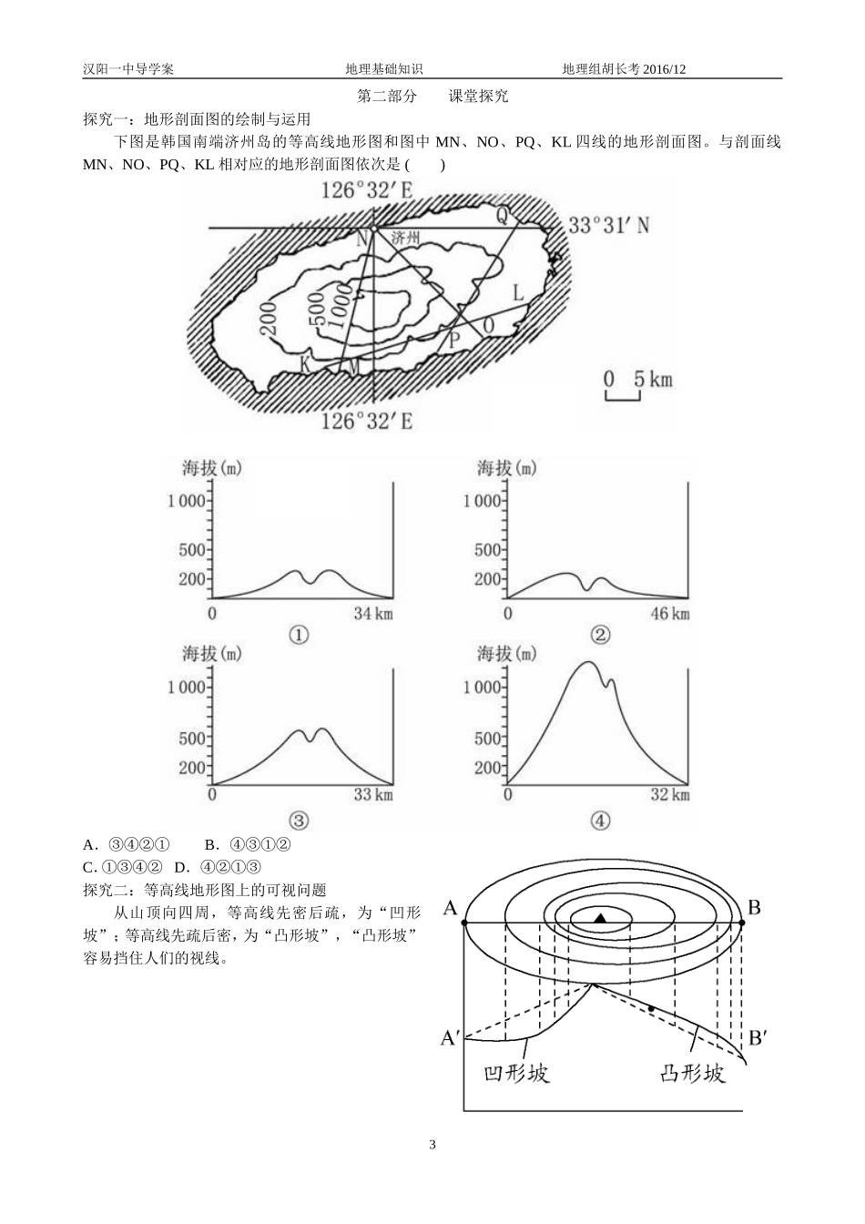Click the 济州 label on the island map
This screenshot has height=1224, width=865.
tap(405, 239)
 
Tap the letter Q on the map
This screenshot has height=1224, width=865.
tap(503, 215)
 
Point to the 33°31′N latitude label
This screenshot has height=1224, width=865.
tap(609, 225)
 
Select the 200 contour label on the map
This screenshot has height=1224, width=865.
tap(269, 319)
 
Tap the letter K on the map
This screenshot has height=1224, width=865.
tap(305, 364)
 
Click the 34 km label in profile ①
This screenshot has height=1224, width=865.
tap(373, 614)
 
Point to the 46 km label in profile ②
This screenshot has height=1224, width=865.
tap(670, 614)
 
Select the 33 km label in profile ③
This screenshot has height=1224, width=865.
tap(373, 794)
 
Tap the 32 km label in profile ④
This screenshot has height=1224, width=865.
tap(670, 794)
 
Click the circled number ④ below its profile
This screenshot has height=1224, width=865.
tap(600, 821)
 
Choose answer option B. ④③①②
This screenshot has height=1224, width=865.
tap(248, 845)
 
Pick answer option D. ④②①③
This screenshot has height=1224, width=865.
tap(218, 867)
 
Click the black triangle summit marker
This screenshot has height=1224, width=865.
tap(601, 918)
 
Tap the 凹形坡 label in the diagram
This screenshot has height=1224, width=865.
tap(516, 1074)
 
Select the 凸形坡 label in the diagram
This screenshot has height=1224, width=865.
tap(692, 1074)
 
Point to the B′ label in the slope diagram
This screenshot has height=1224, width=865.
tap(757, 1037)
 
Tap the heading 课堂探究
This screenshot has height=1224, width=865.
tap(479, 97)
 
